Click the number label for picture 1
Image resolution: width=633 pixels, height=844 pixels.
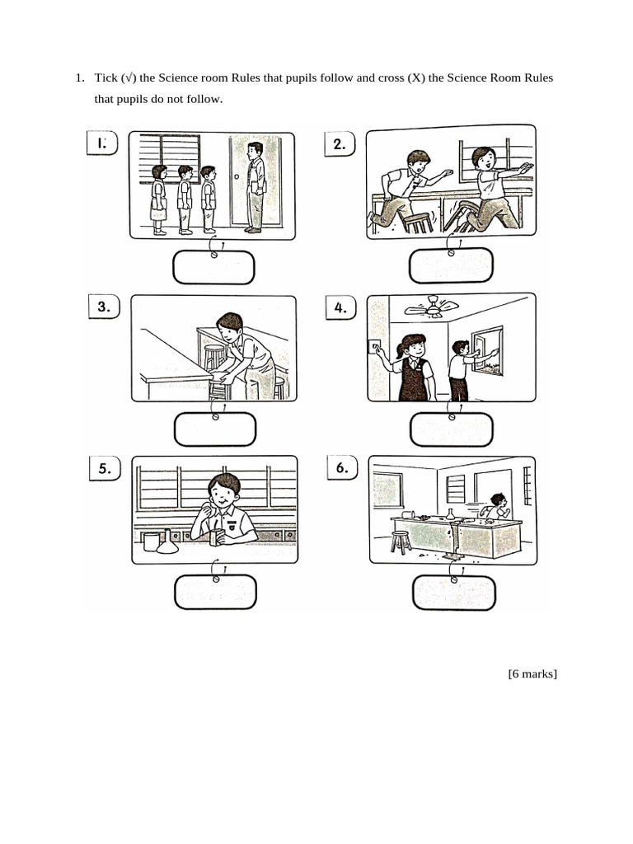(x=102, y=144)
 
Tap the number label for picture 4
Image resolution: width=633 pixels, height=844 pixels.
(x=339, y=308)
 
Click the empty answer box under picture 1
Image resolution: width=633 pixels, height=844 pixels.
(x=214, y=267)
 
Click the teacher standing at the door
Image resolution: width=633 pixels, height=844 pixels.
(x=255, y=185)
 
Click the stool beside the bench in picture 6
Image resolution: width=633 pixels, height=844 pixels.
(x=401, y=542)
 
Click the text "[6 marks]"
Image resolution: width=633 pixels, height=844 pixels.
(x=532, y=674)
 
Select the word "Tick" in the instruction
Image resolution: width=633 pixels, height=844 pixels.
(x=105, y=78)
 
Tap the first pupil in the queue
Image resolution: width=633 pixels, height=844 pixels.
(x=207, y=197)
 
